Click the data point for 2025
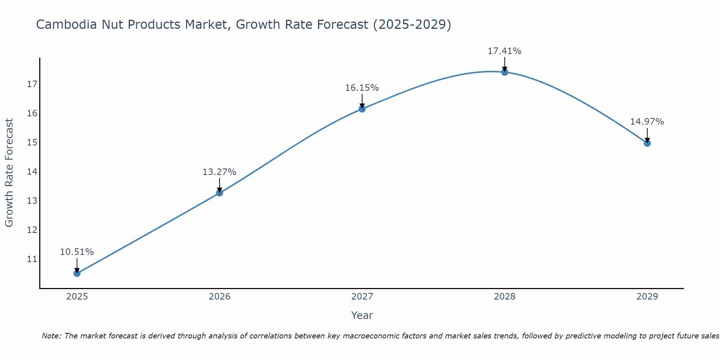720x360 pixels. [77, 273]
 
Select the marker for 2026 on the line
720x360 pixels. [220, 193]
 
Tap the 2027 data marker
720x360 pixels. [362, 109]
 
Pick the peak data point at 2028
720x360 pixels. [505, 72]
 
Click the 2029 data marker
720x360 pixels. [647, 143]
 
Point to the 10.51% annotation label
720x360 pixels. [77, 252]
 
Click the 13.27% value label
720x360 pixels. [219, 172]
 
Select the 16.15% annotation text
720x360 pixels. [362, 88]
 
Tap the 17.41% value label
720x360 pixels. [504, 51]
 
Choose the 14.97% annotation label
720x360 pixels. [647, 122]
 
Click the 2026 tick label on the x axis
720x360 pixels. [220, 297]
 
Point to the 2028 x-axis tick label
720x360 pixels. [505, 297]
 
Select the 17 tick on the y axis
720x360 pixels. [32, 84]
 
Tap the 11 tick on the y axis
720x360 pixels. [32, 259]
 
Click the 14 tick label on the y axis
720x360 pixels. [32, 171]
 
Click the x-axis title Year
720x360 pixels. [362, 315]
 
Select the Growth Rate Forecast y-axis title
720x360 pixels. [9, 173]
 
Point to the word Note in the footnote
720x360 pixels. [51, 336]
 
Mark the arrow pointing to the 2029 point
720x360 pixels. [647, 135]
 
